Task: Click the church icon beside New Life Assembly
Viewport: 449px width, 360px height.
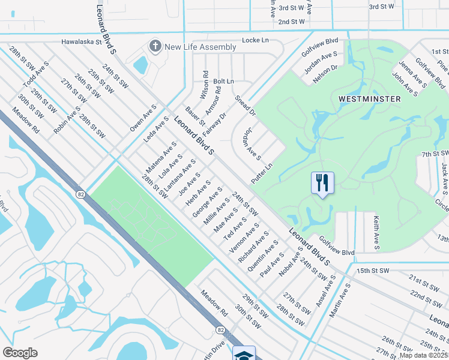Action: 155,46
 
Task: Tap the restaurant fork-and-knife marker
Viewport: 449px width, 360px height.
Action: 322,182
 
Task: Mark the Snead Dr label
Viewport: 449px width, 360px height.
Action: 246,106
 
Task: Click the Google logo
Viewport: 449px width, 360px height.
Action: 20,353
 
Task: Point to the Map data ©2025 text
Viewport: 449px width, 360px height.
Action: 424,356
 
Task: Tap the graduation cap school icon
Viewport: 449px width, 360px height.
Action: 244,355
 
